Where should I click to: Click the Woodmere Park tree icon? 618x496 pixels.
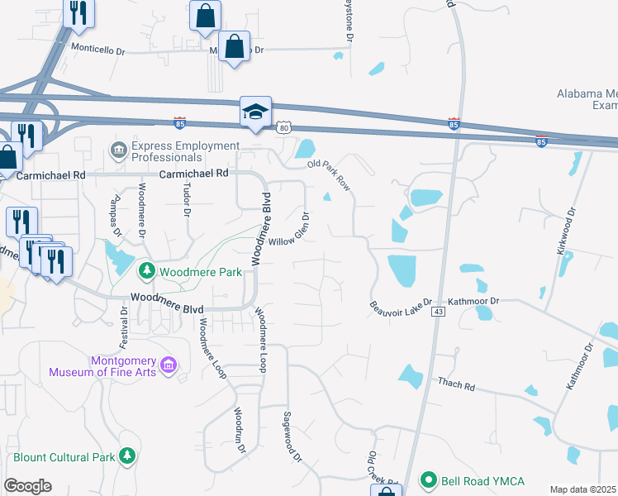146,270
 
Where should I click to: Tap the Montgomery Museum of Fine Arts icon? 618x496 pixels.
169,365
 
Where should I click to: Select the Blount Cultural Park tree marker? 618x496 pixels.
127,455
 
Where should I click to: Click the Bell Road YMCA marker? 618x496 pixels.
428,479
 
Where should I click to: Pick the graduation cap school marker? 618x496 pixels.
255,112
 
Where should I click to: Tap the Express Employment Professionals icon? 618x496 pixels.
117,149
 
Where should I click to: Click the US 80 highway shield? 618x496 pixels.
283,128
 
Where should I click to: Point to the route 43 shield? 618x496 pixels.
438,311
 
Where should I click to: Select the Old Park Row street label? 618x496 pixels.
329,175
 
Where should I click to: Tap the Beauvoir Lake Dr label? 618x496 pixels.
401,306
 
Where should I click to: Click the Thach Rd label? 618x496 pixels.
456,384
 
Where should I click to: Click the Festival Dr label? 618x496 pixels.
124,328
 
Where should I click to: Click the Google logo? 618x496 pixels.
27,486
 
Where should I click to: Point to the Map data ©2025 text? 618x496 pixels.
582,489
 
